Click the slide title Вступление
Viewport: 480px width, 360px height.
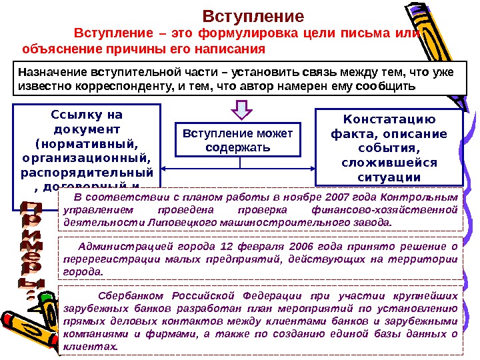(252, 16)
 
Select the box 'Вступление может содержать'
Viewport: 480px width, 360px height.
(238, 140)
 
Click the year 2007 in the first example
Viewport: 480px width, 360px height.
(341, 198)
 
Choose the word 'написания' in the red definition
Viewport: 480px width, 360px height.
(233, 49)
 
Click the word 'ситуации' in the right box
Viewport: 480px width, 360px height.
(389, 177)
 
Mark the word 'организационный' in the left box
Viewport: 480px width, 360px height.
(87, 158)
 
